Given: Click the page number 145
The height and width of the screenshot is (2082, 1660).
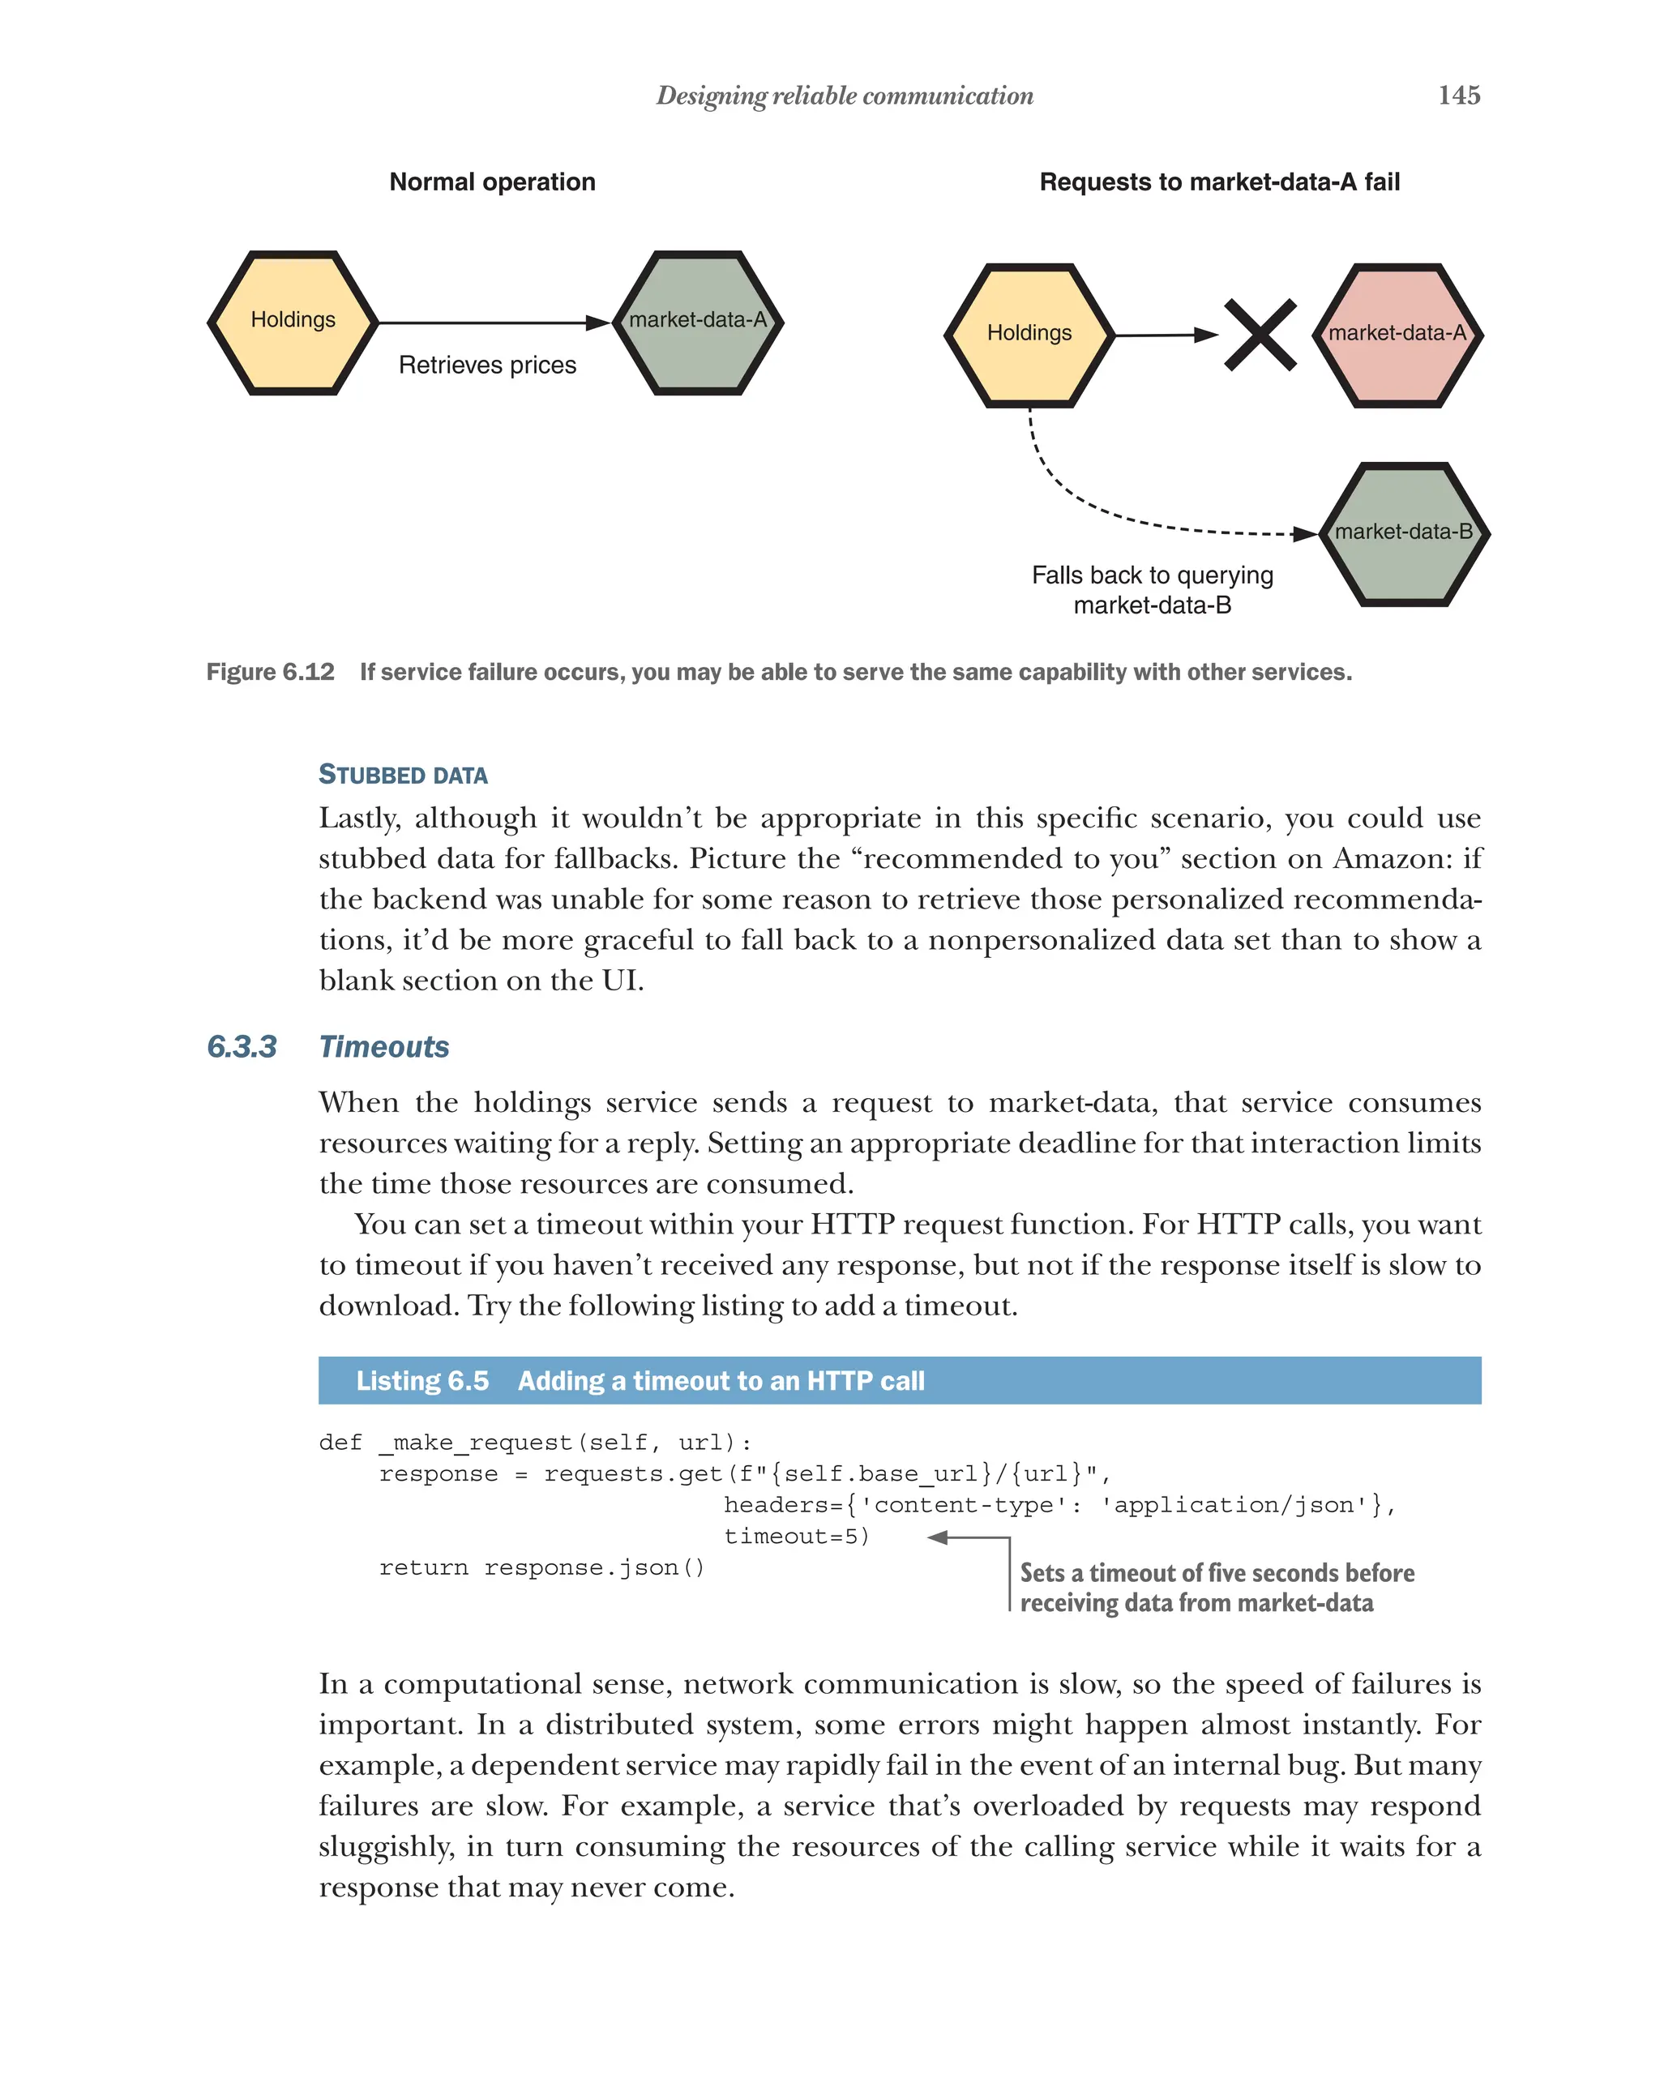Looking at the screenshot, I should point(1458,96).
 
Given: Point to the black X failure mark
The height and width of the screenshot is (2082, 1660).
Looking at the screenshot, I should point(1260,335).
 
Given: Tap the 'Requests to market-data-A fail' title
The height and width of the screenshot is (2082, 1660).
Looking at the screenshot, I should point(1219,182).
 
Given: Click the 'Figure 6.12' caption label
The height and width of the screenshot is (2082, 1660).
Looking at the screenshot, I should point(271,672).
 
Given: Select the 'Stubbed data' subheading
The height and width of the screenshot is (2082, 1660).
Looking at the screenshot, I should point(403,775).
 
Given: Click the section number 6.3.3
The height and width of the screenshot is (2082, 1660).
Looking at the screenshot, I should point(242,1047).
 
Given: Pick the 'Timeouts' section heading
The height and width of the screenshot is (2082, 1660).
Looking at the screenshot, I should point(383,1047).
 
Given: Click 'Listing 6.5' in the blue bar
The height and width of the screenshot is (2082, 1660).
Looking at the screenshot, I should point(422,1381).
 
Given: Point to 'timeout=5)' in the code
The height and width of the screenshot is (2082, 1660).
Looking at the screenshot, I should point(797,1537).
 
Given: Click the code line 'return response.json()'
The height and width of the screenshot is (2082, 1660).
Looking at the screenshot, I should point(541,1567).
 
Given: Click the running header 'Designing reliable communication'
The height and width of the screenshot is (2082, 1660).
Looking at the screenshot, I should point(844,96).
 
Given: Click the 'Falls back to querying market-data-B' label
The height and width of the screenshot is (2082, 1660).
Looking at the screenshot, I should point(1152,590).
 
